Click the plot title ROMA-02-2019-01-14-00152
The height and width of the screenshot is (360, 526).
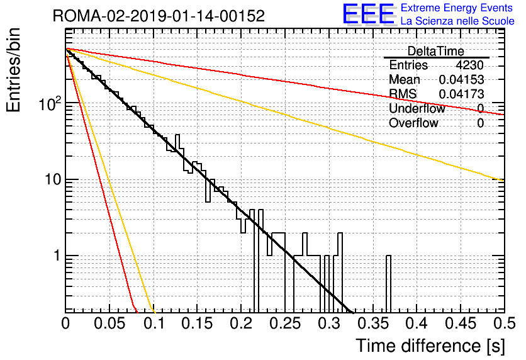tap(159, 16)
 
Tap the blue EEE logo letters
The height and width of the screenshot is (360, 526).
tap(368, 14)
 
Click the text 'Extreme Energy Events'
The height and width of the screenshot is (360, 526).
tap(457, 8)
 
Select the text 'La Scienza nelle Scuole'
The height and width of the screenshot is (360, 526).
tap(457, 21)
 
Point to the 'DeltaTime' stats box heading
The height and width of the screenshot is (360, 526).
tap(436, 51)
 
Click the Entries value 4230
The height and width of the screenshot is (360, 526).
tap(469, 65)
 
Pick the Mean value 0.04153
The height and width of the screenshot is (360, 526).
tap(461, 79)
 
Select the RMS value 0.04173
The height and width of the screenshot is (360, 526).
tap(461, 94)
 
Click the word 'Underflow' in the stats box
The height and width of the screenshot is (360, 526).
tap(417, 108)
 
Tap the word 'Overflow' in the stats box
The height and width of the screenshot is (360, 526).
tap(413, 123)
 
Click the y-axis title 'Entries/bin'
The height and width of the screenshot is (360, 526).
tap(13, 70)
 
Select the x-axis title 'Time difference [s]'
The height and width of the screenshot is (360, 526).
tap(430, 346)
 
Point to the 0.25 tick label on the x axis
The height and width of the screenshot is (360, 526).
tap(285, 323)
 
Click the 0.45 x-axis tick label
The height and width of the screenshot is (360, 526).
tap(461, 323)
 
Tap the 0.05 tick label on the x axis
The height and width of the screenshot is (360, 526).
tap(109, 323)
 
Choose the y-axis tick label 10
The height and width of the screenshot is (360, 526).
tap(53, 179)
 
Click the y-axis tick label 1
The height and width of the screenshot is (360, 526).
tap(57, 256)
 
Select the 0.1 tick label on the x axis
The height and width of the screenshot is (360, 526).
tap(154, 323)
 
